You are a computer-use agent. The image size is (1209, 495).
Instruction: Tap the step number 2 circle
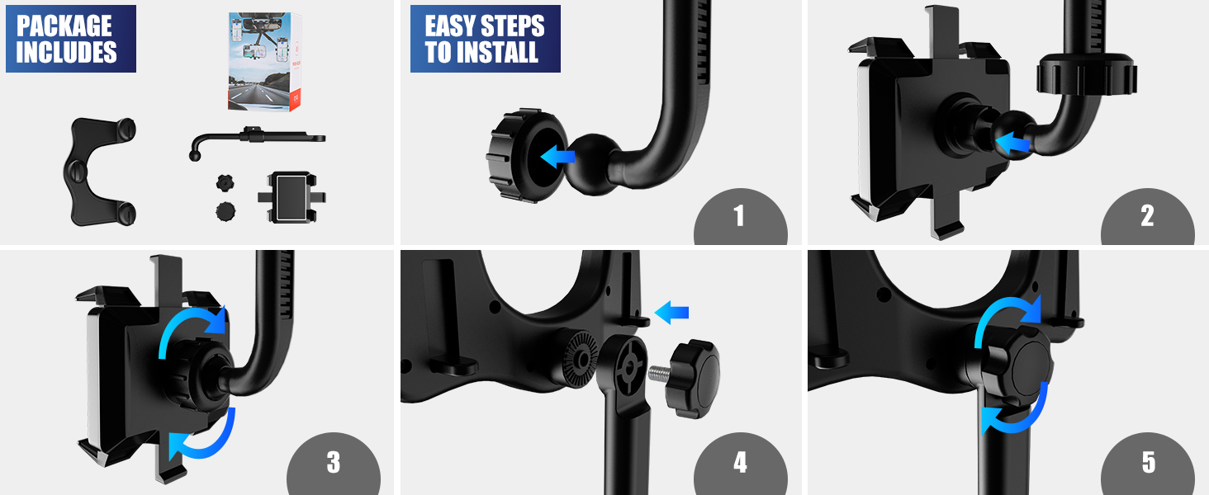point(1147,216)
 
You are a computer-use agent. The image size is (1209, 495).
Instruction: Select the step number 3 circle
point(333,462)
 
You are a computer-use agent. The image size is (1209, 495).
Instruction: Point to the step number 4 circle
point(740,462)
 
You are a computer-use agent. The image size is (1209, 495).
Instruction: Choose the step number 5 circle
point(1148,462)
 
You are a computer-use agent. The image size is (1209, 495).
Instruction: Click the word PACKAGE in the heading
point(64,26)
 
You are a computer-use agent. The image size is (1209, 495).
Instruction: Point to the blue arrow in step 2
point(1013,144)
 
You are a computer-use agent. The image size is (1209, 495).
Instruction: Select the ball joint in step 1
point(594,165)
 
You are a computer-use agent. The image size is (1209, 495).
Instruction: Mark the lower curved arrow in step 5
point(1018,410)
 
